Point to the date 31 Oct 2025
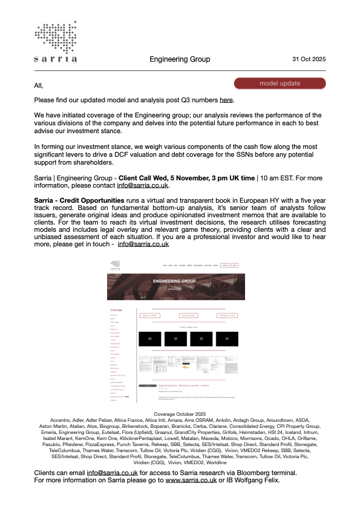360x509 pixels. (309, 59)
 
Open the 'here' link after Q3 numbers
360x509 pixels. (226, 100)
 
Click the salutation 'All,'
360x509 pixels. (39, 85)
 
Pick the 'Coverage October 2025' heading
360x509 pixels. (180, 413)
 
